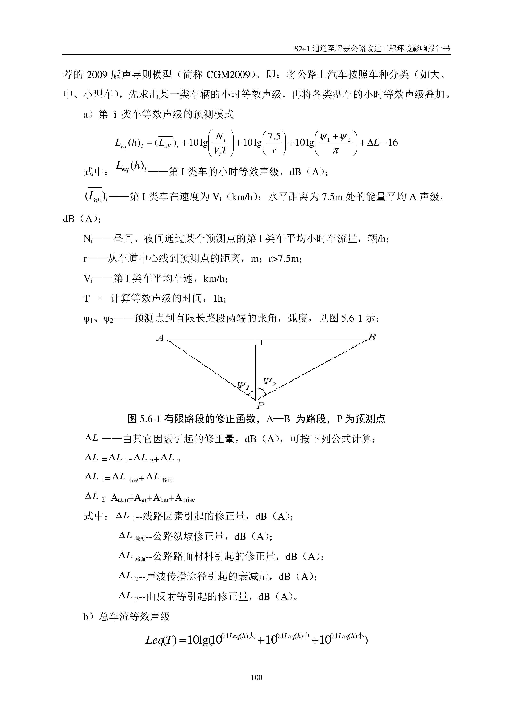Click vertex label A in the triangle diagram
tap(160, 338)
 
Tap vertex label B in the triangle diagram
tap(372, 337)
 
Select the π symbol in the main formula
tap(335, 151)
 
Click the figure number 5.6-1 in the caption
tap(150, 419)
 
